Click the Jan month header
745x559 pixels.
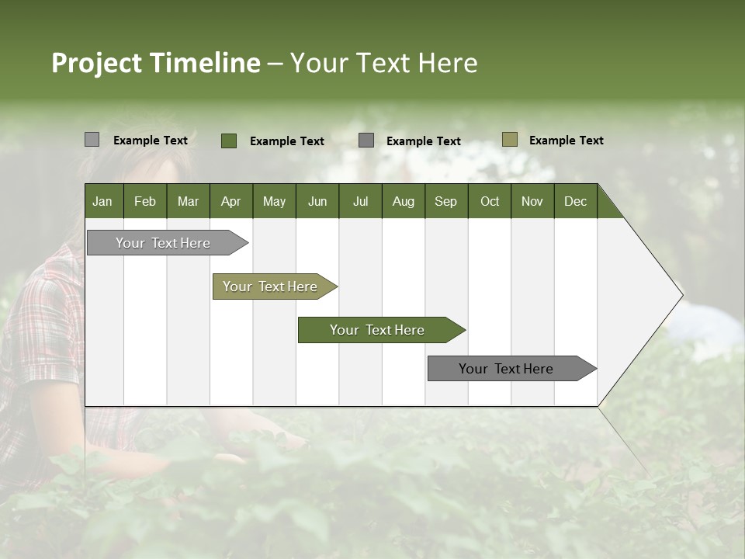tap(102, 201)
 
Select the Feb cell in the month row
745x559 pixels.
tap(145, 201)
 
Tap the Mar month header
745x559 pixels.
tap(188, 201)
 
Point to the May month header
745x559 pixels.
tap(274, 201)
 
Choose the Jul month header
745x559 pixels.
tap(360, 201)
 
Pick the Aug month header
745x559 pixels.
tap(403, 201)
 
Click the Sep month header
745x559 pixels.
tap(445, 201)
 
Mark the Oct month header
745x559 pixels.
tap(490, 201)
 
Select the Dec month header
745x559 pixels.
tap(575, 201)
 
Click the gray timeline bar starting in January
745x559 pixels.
tap(163, 243)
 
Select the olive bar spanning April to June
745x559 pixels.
tap(270, 286)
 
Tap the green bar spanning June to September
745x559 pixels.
tap(377, 330)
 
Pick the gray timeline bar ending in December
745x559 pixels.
tap(506, 369)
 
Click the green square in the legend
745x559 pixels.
tap(229, 141)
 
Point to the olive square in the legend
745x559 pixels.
tap(510, 140)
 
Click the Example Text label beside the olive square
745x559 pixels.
tap(566, 141)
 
